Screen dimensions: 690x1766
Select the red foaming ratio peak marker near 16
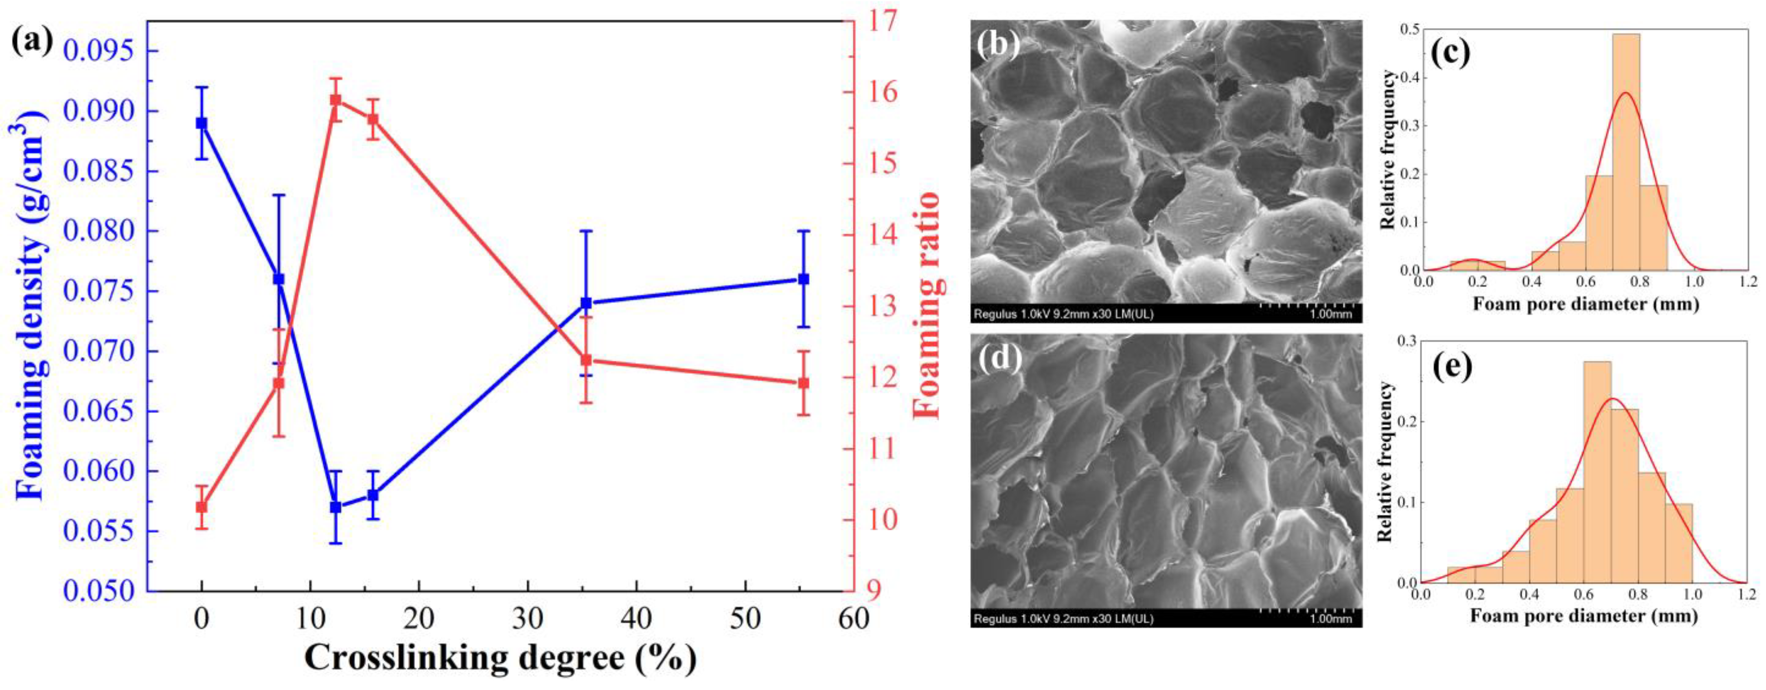click(336, 100)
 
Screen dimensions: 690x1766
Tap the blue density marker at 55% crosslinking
click(804, 279)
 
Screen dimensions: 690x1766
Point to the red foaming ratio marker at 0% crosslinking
click(202, 507)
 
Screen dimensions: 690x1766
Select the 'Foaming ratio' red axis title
click(927, 305)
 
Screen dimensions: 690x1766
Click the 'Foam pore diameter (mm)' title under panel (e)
click(1584, 616)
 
